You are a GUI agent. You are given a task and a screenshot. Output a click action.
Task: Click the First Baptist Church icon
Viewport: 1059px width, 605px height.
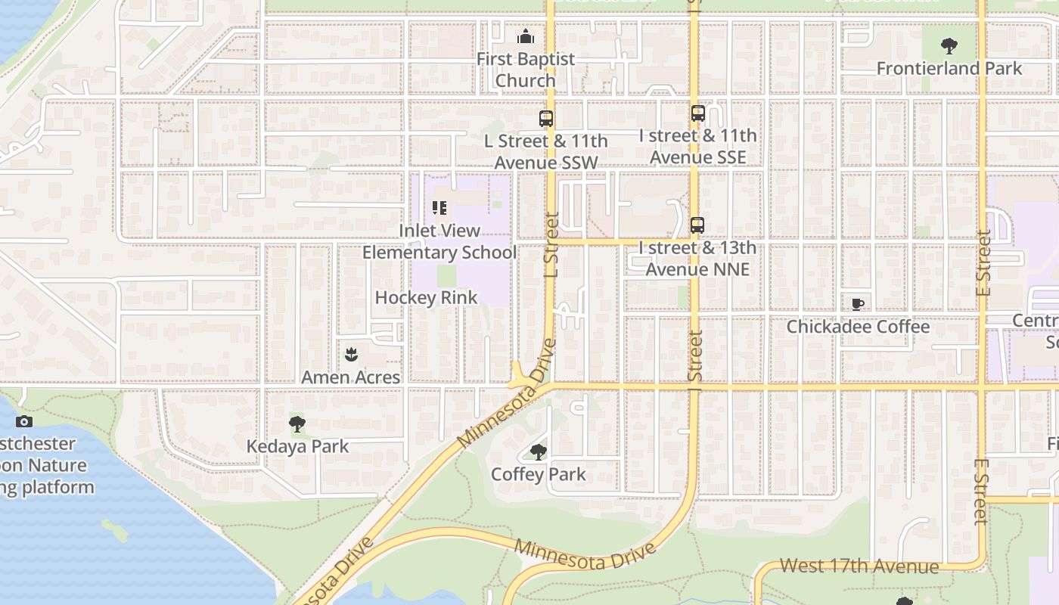click(526, 36)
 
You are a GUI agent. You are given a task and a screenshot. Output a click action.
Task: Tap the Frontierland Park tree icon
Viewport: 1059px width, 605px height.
click(949, 46)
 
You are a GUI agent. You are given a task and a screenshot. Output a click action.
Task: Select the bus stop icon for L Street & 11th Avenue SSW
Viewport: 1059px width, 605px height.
click(546, 119)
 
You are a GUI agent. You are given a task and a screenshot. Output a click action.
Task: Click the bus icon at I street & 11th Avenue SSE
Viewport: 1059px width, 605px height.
click(697, 114)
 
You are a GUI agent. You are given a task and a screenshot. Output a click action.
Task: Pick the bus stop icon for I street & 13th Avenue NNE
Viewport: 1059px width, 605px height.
click(697, 225)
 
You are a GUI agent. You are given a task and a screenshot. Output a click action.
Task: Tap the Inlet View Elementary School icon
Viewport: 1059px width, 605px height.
click(439, 207)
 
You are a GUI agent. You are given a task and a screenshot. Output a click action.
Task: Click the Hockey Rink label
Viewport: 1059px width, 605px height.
click(427, 297)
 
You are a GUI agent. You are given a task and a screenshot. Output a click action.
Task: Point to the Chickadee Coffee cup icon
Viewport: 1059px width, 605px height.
click(857, 304)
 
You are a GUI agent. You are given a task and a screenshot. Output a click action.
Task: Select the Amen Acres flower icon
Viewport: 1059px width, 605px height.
click(351, 354)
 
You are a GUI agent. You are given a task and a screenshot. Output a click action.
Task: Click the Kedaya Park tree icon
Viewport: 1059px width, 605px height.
click(297, 423)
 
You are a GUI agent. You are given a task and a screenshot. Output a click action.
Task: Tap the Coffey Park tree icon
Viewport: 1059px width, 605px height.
click(539, 452)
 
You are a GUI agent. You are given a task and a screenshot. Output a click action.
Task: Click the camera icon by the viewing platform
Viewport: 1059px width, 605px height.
click(24, 422)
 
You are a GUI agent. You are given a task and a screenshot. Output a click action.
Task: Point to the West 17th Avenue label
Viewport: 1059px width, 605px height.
click(859, 566)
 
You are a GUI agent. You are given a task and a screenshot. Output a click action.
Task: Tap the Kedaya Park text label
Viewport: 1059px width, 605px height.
click(298, 446)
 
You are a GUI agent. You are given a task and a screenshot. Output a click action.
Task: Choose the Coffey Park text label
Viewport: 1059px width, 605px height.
click(539, 475)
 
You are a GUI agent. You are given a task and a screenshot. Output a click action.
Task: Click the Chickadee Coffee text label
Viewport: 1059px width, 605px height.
click(858, 327)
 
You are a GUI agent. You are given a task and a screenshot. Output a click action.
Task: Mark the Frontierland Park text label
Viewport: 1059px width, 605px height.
click(949, 68)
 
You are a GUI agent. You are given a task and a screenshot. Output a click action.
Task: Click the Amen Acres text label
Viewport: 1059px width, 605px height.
click(351, 377)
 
